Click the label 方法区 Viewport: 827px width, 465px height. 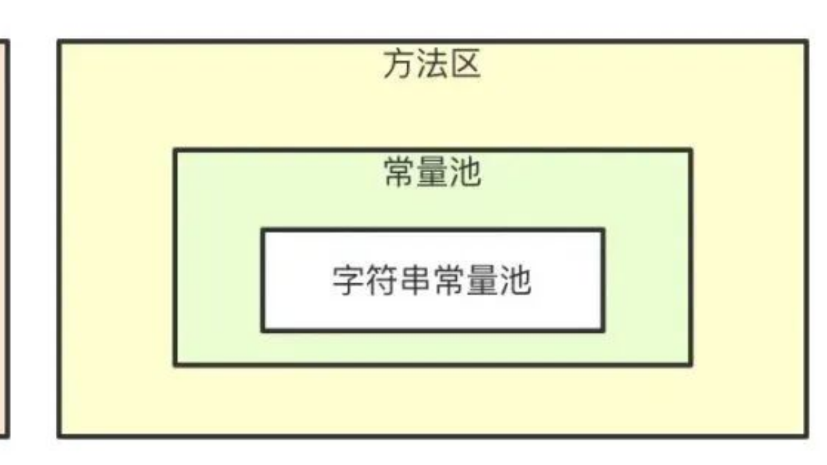point(431,66)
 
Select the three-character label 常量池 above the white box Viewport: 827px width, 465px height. point(432,173)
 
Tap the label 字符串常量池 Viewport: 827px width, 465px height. point(432,280)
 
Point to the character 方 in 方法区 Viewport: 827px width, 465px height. point(399,66)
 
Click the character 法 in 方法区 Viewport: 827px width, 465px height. point(431,66)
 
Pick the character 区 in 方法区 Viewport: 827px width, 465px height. point(464,66)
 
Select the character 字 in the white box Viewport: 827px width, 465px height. point(349,280)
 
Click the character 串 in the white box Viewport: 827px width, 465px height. point(416,280)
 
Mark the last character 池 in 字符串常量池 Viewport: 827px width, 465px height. point(515,280)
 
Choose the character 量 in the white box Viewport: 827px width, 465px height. point(482,280)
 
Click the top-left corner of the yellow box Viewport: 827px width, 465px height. point(59,42)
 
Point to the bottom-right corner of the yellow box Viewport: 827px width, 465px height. point(806,435)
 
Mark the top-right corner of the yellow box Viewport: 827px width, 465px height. point(806,42)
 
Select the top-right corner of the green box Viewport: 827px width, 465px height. point(691,150)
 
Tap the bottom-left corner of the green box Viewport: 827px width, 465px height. point(175,364)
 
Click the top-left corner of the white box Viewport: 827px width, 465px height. point(263,230)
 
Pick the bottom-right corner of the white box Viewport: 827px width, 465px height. point(603,330)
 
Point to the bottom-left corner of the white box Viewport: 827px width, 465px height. point(263,330)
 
